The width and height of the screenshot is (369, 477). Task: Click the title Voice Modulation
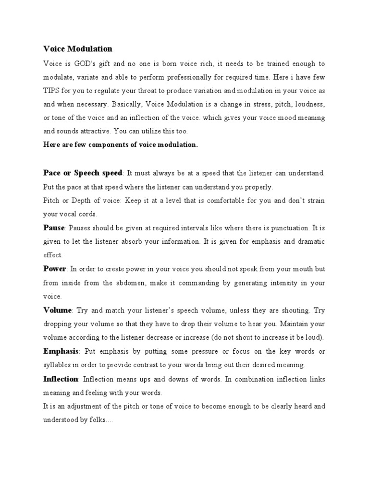tap(77, 49)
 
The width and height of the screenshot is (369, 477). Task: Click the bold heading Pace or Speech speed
tap(83, 172)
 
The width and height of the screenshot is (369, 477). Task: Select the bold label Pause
tap(54, 228)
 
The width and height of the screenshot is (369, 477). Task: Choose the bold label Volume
tap(58, 310)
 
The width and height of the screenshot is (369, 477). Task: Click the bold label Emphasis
tap(61, 351)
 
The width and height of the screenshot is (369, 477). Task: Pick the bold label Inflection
tap(61, 379)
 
